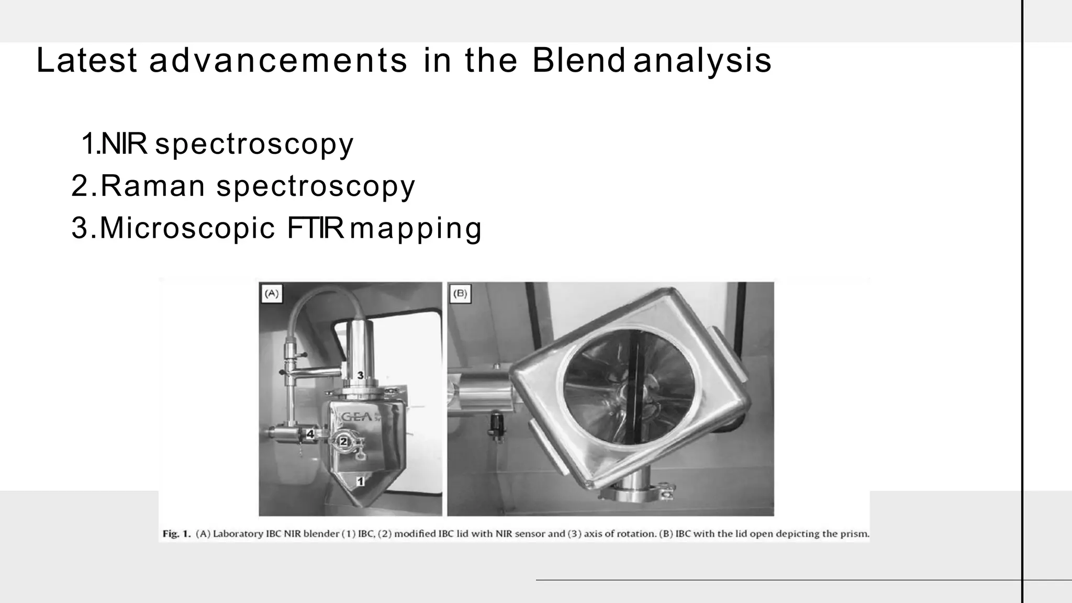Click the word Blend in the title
tap(578, 60)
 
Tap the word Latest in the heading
tap(86, 60)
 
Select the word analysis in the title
tap(702, 61)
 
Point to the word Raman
tap(152, 186)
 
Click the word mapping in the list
tap(416, 229)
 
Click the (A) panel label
tap(271, 293)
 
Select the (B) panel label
tap(460, 293)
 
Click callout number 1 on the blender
tap(360, 481)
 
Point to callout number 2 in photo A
tap(344, 441)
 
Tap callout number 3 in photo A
tap(360, 375)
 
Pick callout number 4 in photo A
tap(310, 434)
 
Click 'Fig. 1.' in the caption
tap(177, 534)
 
